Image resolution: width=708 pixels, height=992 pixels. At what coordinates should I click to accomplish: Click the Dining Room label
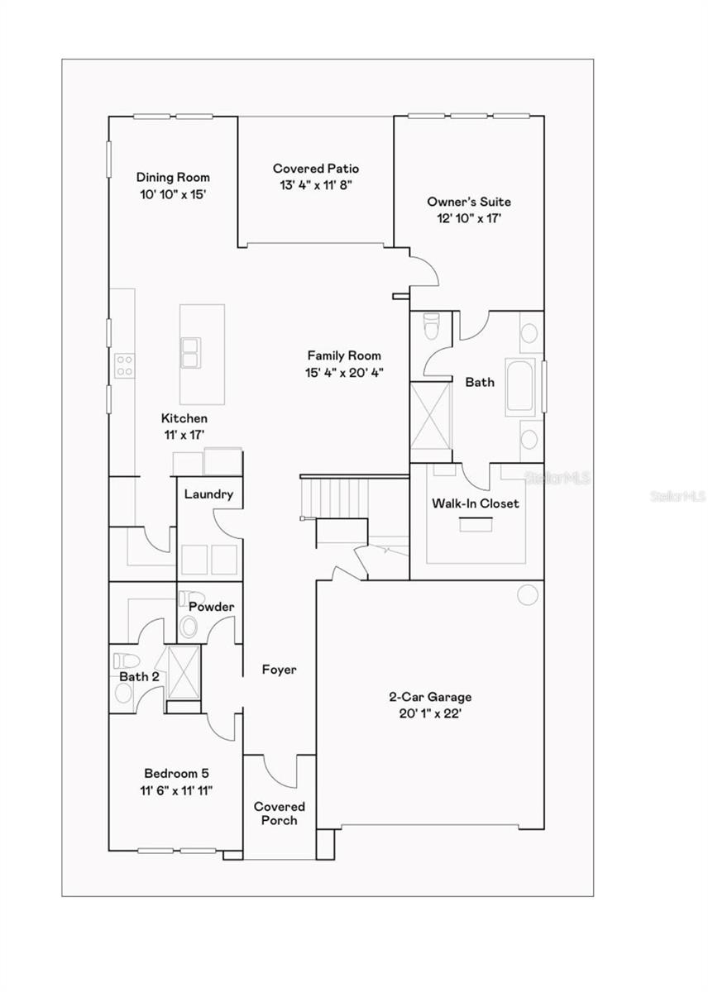(x=173, y=177)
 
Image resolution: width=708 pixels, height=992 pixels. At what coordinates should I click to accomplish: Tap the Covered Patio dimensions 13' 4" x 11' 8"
(x=316, y=186)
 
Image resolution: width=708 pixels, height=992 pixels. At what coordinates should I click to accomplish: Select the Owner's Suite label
(x=469, y=202)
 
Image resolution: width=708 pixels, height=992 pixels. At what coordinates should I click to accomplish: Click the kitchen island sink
(x=191, y=353)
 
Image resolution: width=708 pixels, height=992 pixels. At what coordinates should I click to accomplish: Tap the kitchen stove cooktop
(x=124, y=365)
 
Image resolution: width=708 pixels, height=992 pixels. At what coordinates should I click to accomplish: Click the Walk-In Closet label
(x=476, y=503)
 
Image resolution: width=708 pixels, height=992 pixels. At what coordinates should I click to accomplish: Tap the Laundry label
(x=208, y=494)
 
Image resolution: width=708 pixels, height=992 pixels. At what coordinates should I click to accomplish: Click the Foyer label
(x=279, y=670)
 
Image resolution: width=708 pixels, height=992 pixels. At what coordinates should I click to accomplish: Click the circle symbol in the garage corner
(x=525, y=594)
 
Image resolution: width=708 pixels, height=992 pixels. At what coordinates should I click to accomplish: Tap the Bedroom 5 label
(x=176, y=774)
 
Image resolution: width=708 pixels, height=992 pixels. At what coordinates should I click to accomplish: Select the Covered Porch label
(x=279, y=813)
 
